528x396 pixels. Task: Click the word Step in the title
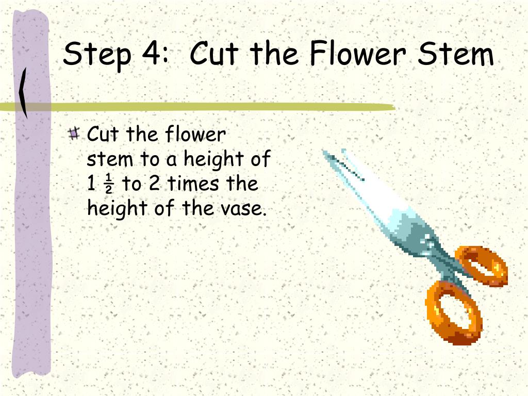tap(96, 55)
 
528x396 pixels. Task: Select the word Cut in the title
tap(214, 53)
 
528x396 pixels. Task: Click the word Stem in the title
tap(456, 53)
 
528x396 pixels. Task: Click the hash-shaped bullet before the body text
tap(74, 134)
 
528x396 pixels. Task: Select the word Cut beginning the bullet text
tap(103, 134)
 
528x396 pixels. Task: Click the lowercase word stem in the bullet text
tap(110, 160)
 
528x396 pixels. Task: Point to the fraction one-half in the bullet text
tap(109, 184)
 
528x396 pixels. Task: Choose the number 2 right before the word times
tap(154, 184)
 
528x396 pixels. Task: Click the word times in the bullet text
tap(193, 184)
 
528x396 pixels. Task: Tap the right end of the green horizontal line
tap(394, 108)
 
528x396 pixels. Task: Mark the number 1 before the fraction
tap(91, 184)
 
